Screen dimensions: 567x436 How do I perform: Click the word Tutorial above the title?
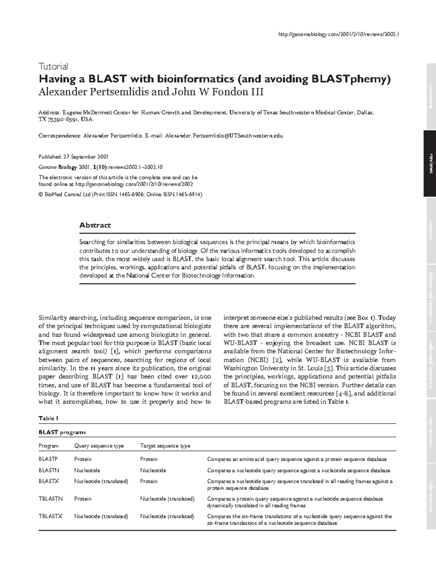53,66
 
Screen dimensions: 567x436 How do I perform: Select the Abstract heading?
95,225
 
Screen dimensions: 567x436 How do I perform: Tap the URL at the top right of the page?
338,34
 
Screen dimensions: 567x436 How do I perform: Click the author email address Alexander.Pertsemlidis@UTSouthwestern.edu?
224,136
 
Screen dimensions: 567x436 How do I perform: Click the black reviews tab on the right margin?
430,163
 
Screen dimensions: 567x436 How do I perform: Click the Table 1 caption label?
48,418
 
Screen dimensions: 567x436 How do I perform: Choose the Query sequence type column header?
99,446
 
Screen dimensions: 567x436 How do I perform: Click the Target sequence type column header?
165,446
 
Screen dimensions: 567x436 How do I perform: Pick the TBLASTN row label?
51,499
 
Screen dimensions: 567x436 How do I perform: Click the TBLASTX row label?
51,516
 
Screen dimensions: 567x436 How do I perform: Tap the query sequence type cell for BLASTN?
87,470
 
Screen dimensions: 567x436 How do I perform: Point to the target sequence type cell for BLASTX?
149,481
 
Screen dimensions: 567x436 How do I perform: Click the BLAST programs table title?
62,432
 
